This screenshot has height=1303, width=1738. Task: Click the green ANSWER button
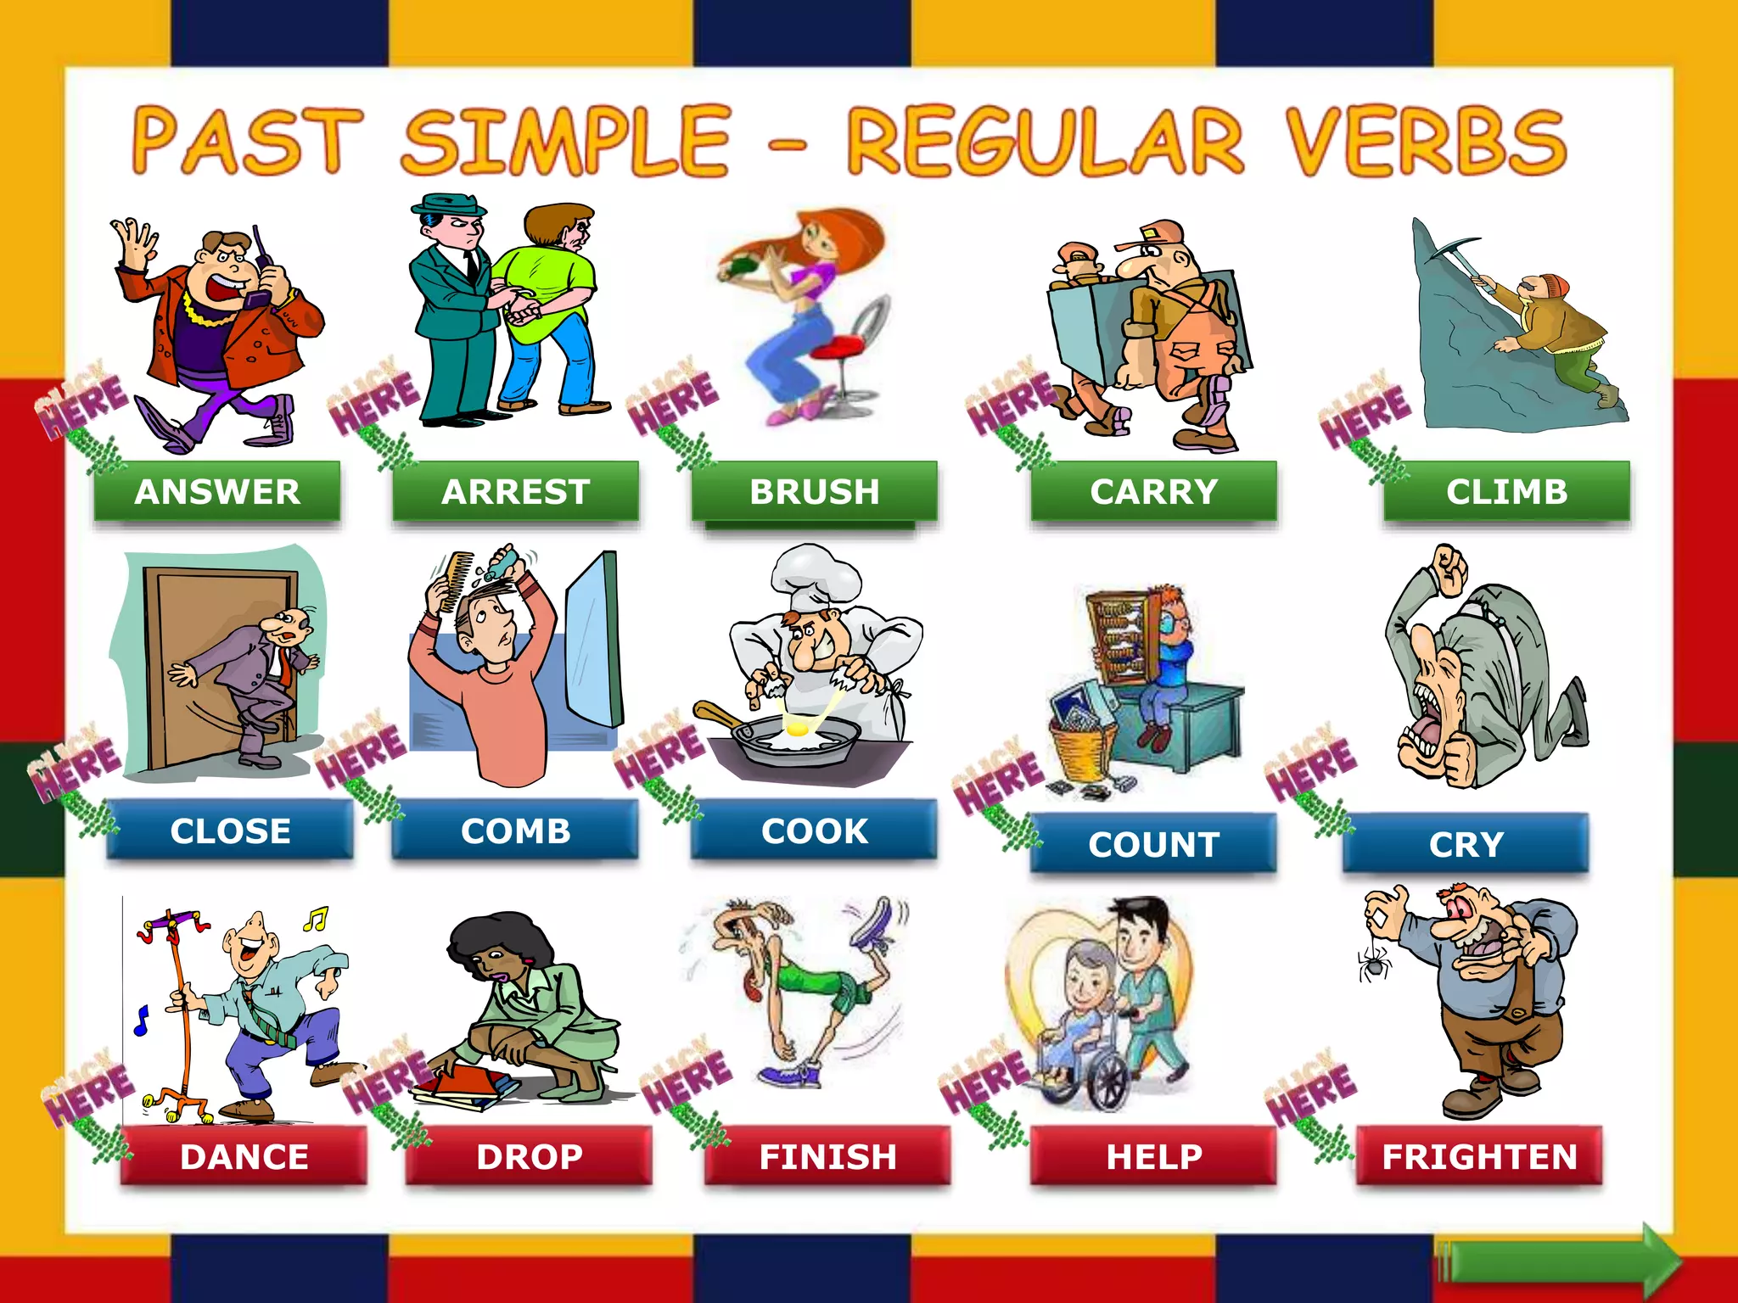pos(217,491)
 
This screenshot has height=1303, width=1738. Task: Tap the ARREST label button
pos(515,491)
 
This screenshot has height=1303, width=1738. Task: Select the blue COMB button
pos(515,830)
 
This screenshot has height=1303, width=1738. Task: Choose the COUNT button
pos(1153,844)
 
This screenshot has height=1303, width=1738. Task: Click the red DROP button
pos(529,1156)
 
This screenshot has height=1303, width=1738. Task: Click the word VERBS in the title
pos(1425,142)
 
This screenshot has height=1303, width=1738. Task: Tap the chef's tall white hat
pos(816,577)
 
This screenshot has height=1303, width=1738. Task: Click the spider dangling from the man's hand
pos(1374,964)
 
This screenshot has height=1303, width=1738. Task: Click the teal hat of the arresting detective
pos(448,206)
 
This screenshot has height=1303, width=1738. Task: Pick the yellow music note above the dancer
pos(316,918)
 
